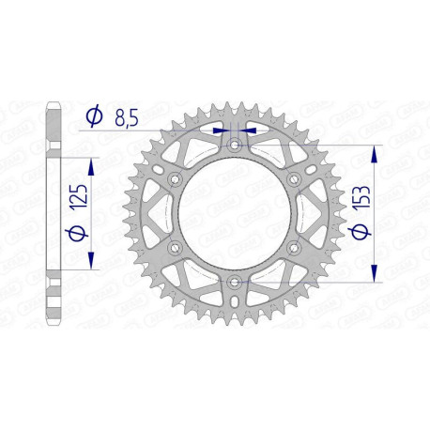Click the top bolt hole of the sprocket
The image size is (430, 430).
pyautogui.click(x=234, y=146)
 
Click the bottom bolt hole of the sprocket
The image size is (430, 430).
pyautogui.click(x=234, y=281)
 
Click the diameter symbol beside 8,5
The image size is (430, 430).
pyautogui.click(x=94, y=116)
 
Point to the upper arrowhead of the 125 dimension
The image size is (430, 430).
pyautogui.click(x=92, y=164)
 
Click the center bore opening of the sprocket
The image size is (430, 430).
pyautogui.click(x=234, y=213)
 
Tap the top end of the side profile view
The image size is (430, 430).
pyautogui.click(x=54, y=101)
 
